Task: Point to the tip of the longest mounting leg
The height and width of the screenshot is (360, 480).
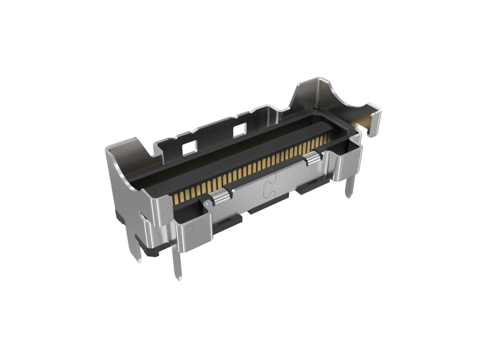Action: (x=179, y=279)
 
